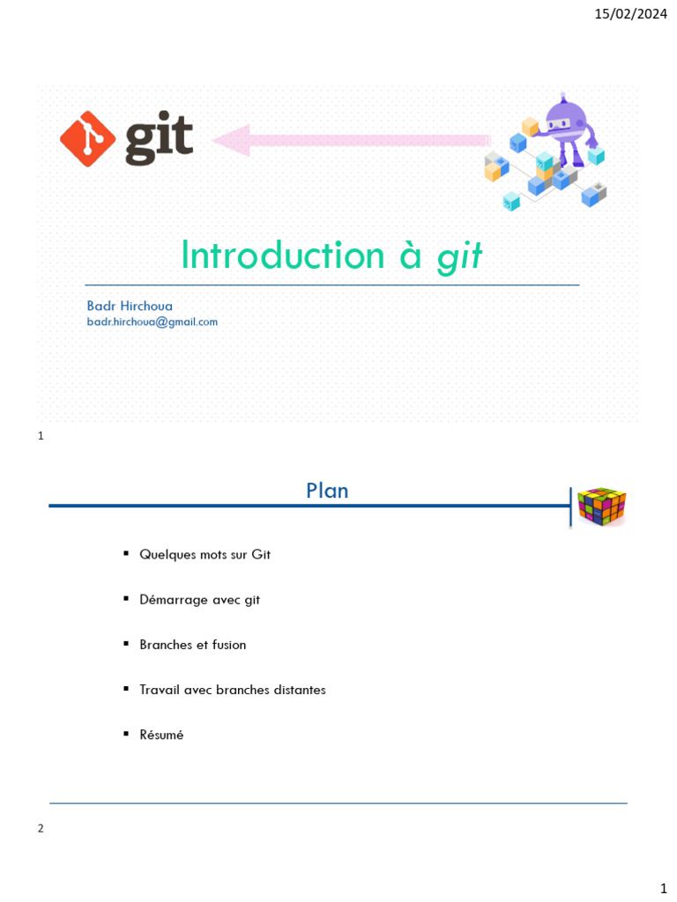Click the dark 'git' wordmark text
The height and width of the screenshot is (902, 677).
(159, 141)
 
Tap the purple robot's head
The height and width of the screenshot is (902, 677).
(563, 119)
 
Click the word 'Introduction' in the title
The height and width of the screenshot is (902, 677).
(283, 255)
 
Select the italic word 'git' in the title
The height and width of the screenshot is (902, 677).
(460, 255)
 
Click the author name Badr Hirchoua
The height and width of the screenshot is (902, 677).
(130, 306)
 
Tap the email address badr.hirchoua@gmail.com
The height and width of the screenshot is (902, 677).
(152, 322)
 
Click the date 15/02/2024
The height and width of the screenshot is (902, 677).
(630, 13)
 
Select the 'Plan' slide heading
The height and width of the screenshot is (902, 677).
(327, 491)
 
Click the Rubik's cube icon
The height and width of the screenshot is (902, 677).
(601, 506)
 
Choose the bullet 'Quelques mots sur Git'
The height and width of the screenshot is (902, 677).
(205, 554)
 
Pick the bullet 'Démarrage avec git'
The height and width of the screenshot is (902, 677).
(199, 600)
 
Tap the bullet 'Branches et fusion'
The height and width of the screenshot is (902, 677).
(192, 645)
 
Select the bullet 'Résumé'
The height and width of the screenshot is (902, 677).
(161, 735)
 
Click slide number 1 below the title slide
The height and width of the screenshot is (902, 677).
(41, 436)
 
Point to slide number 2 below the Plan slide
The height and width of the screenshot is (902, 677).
(41, 829)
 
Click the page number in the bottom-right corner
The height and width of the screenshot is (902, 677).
(663, 887)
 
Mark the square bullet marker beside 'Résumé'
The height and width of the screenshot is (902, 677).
(127, 733)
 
